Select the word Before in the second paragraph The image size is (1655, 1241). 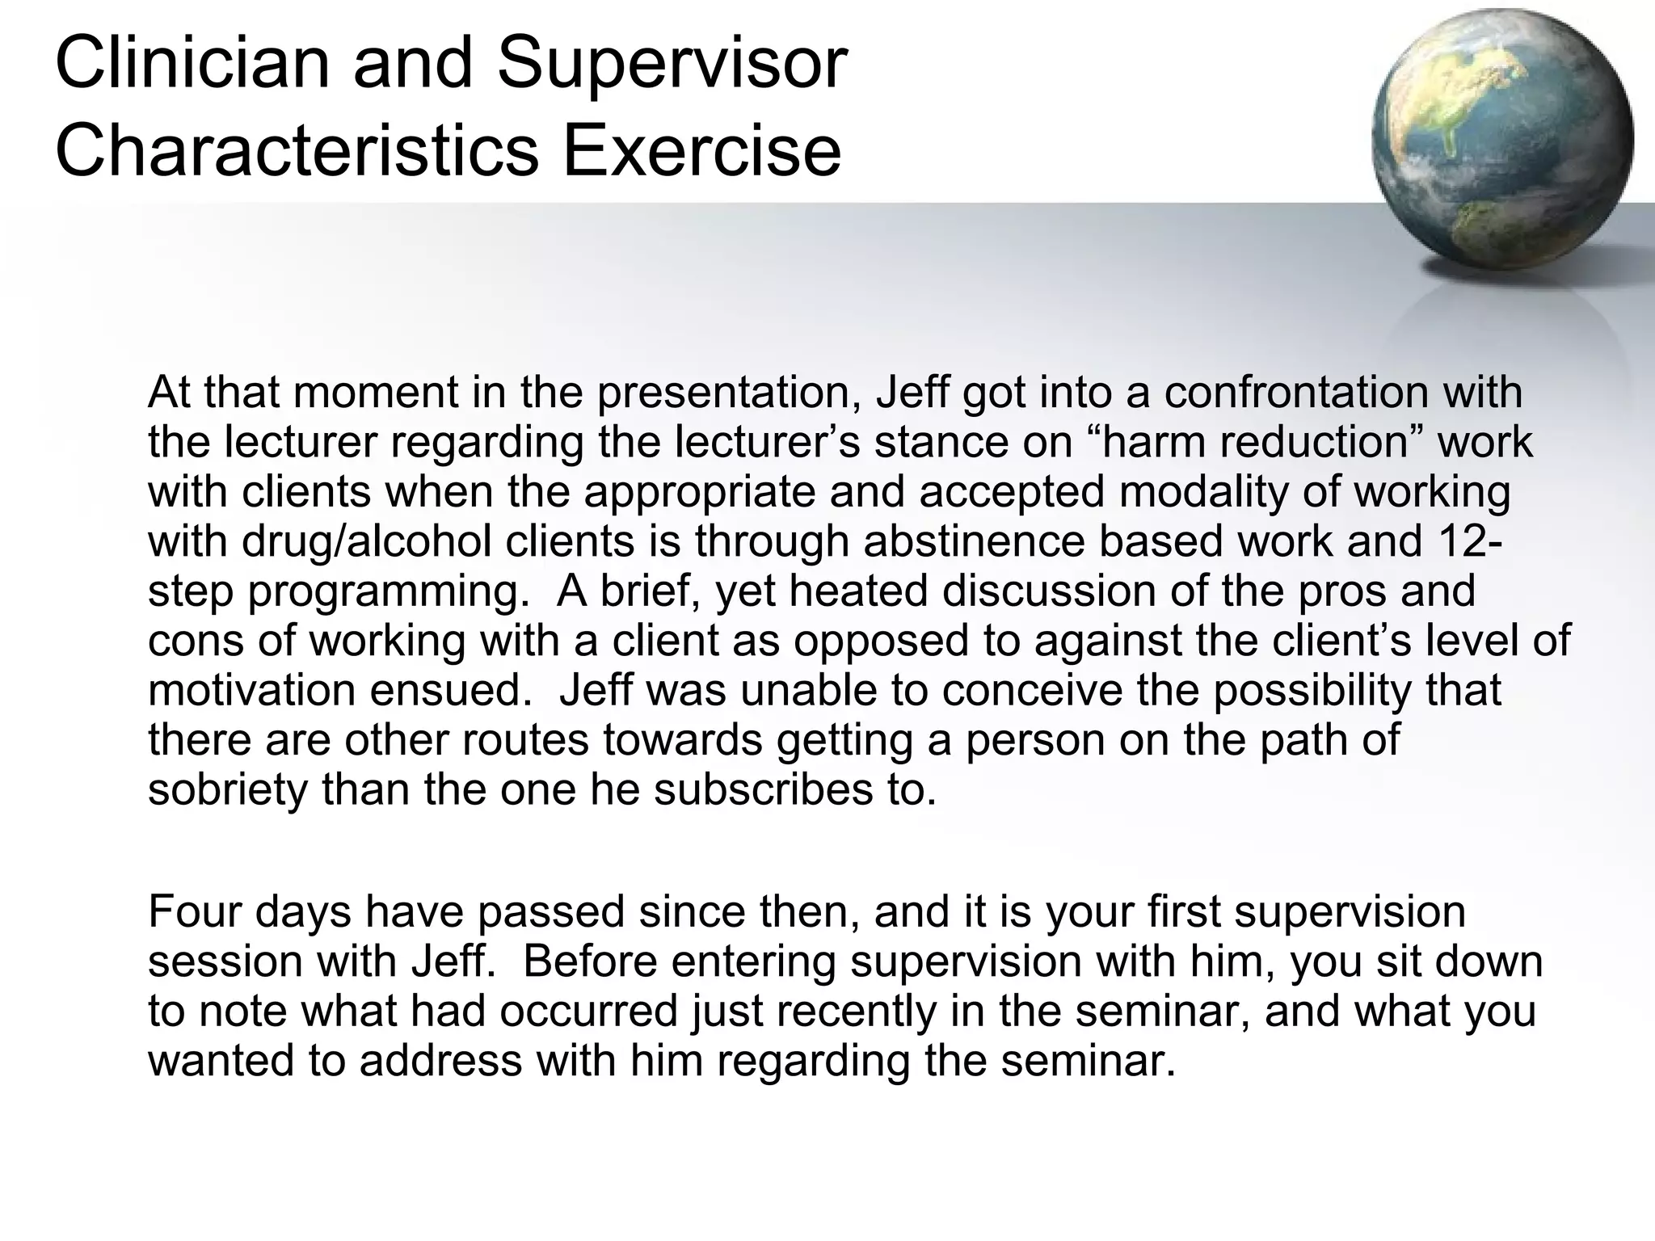tap(583, 961)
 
